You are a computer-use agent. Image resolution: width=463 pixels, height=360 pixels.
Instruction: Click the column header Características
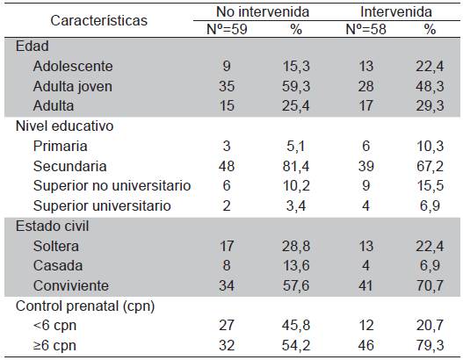(98, 19)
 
